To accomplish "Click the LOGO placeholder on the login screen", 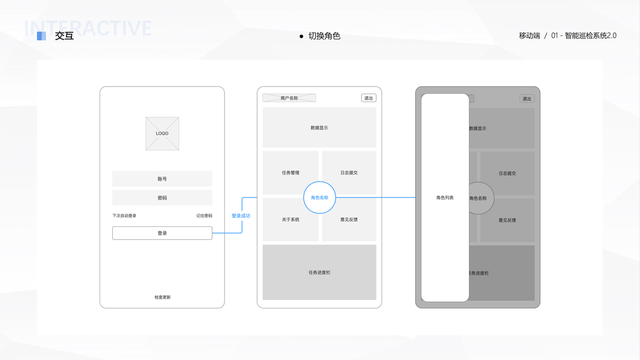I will pyautogui.click(x=162, y=133).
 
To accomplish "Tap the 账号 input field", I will pyautogui.click(x=162, y=179).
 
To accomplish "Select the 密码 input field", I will pyautogui.click(x=162, y=198).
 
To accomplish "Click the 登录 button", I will pyautogui.click(x=162, y=233).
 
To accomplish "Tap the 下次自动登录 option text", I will pyautogui.click(x=124, y=216).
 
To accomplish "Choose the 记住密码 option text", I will pyautogui.click(x=204, y=216).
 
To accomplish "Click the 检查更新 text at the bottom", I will pyautogui.click(x=162, y=297).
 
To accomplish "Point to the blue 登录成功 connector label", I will pyautogui.click(x=241, y=216).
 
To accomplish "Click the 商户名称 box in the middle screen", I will pyautogui.click(x=289, y=98).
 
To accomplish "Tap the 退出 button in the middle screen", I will pyautogui.click(x=368, y=98).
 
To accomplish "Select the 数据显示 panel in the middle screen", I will pyautogui.click(x=319, y=128).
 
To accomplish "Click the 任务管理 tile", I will pyautogui.click(x=290, y=173).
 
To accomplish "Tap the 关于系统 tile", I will pyautogui.click(x=290, y=220).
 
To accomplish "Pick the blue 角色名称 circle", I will pyautogui.click(x=320, y=197).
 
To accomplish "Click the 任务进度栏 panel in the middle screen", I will pyautogui.click(x=319, y=272).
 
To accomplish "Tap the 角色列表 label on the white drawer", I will pyautogui.click(x=445, y=197).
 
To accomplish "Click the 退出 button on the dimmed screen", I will pyautogui.click(x=527, y=99).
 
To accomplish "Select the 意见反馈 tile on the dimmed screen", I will pyautogui.click(x=507, y=220).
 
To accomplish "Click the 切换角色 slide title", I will pyautogui.click(x=324, y=36).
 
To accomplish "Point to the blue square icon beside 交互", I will pyautogui.click(x=41, y=36).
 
